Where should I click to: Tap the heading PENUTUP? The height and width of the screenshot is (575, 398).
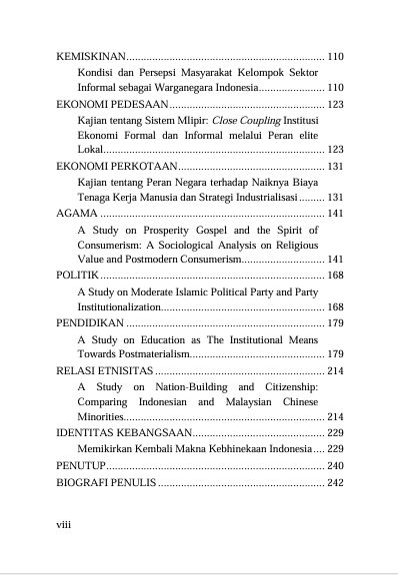(81, 465)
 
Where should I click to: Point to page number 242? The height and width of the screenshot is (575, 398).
(335, 483)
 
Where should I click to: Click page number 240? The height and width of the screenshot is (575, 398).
(335, 465)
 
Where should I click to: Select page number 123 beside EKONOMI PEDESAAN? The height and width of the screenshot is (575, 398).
(335, 104)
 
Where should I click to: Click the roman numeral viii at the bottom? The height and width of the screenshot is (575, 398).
(65, 522)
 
